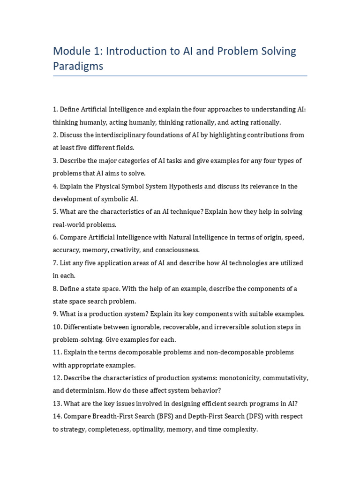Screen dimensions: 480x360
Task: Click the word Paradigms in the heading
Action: pos(78,66)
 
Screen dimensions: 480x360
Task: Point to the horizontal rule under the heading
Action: pos(180,75)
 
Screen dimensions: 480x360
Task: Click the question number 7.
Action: pos(55,263)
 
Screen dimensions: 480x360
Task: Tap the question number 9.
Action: pos(55,314)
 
